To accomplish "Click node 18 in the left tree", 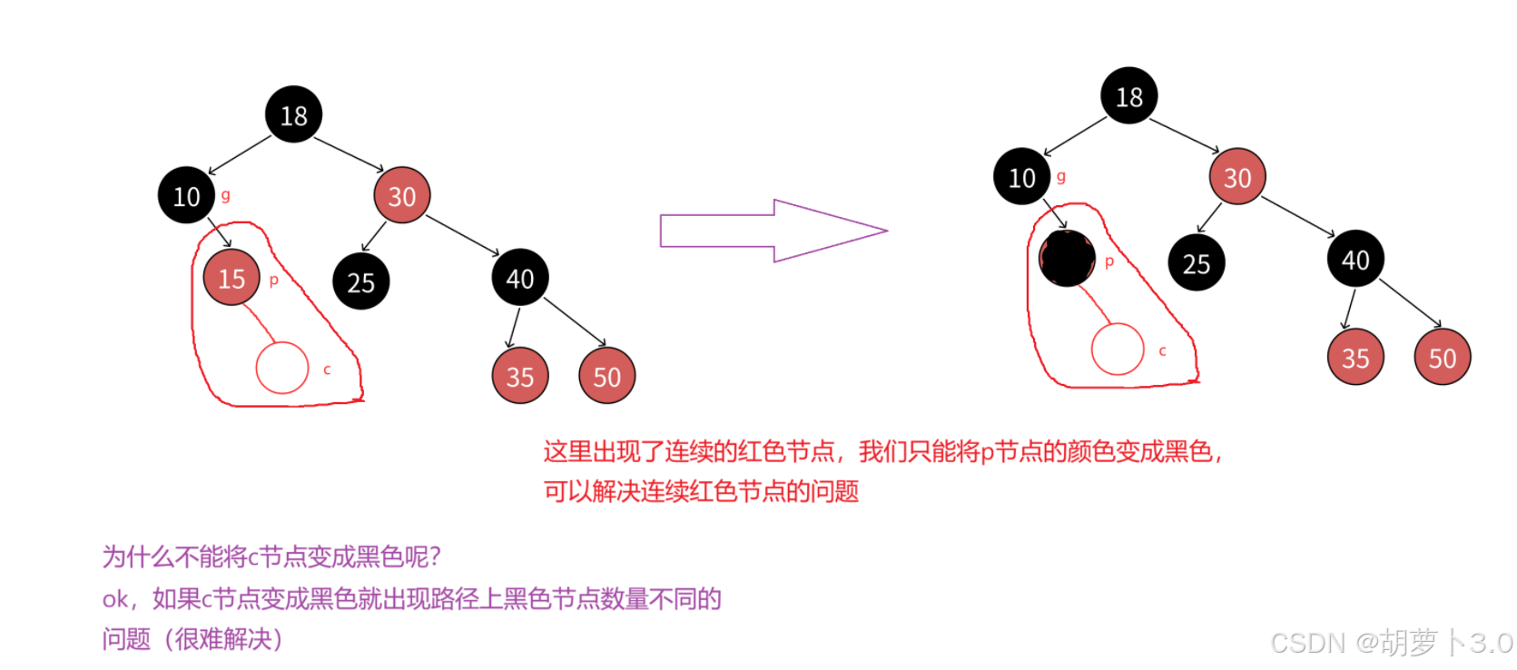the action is click(293, 115).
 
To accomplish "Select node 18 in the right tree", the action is click(1128, 96).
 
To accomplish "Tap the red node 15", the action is click(231, 278).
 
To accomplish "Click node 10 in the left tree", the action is click(186, 196).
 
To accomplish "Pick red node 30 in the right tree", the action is click(1236, 177).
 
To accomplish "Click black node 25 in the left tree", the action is click(360, 282).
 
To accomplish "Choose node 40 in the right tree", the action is click(1354, 260).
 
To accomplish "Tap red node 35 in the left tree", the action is click(519, 376).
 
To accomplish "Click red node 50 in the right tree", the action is click(1442, 358).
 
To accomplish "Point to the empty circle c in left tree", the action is click(282, 368).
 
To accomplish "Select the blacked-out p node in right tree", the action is click(1067, 259).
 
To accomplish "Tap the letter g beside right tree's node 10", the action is click(1060, 176).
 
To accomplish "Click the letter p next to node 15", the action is click(273, 280).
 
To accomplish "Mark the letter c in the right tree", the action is click(1162, 350).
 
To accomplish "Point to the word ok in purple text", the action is click(114, 599).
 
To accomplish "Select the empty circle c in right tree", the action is click(1117, 350).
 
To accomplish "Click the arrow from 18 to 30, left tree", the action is click(349, 153).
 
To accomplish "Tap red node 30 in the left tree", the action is click(401, 196).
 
